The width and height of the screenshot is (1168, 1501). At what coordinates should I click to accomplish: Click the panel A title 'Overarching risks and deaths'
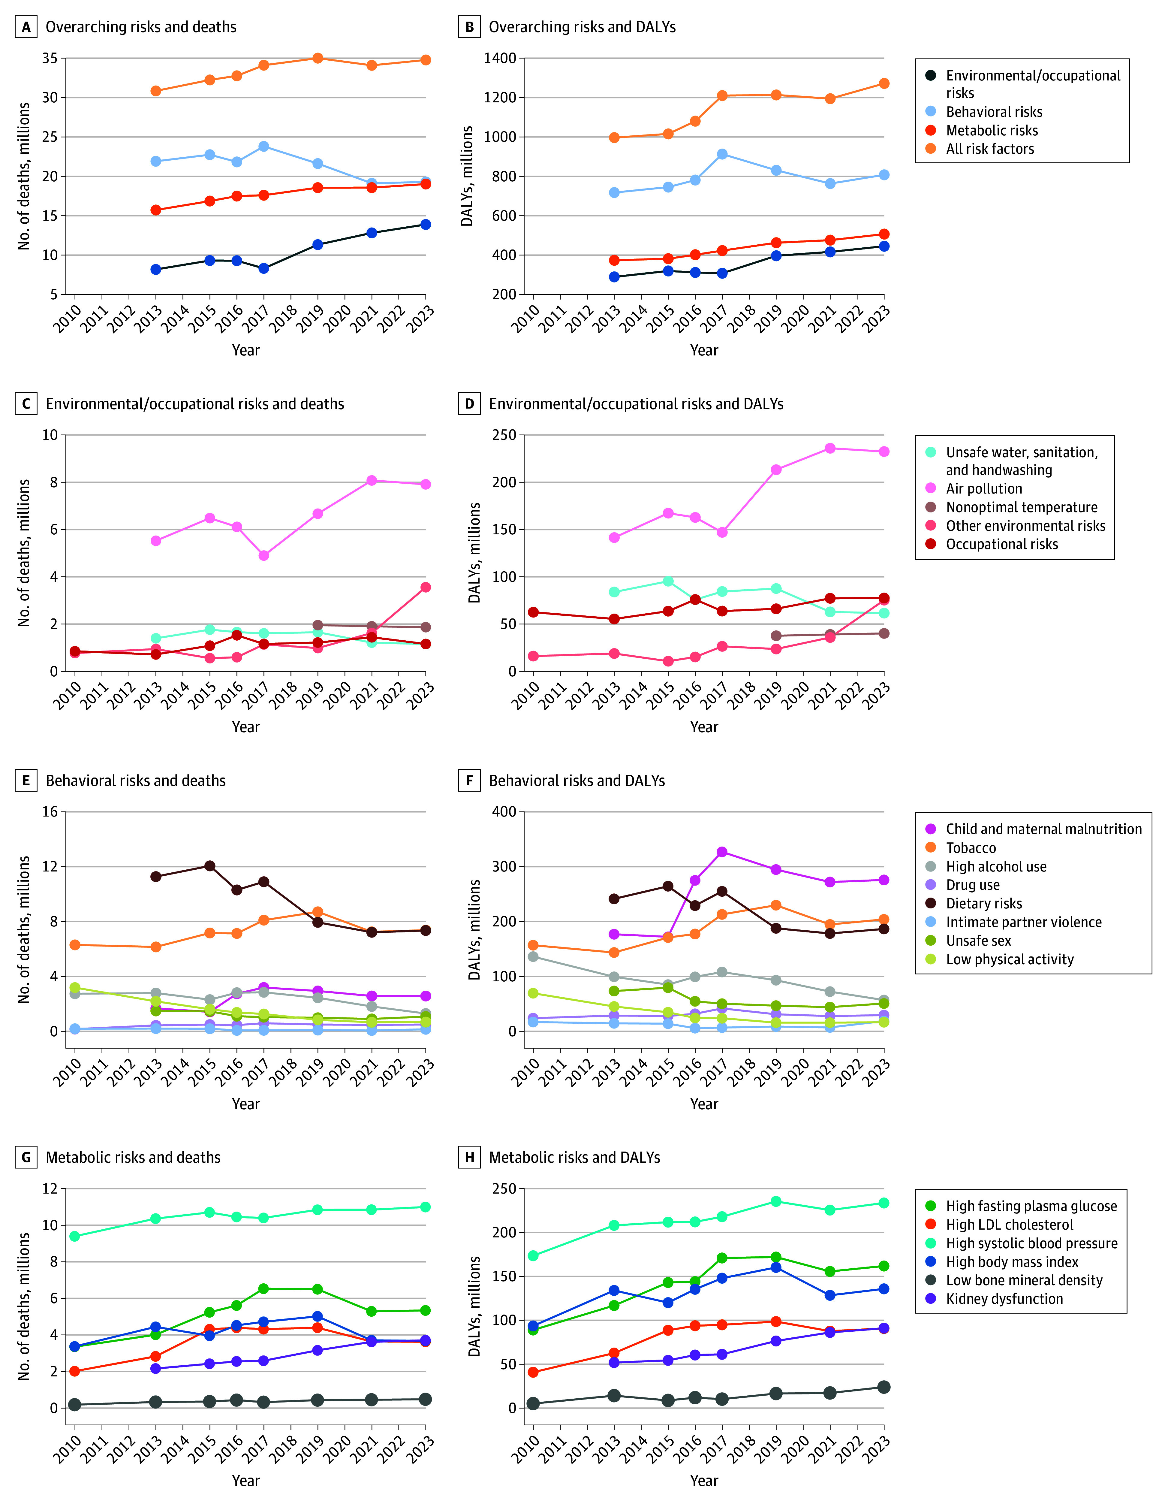click(141, 27)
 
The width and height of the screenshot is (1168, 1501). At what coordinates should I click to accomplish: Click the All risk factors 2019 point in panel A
click(318, 59)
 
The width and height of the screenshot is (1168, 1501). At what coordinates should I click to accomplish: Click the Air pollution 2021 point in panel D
click(830, 448)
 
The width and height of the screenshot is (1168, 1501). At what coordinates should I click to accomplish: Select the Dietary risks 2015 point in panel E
click(209, 866)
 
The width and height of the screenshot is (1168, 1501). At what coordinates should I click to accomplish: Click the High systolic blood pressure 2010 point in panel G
click(75, 1237)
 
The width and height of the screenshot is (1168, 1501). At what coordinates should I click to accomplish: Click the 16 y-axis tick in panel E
click(50, 812)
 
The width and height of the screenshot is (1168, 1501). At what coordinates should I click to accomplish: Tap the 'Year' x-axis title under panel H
click(704, 1480)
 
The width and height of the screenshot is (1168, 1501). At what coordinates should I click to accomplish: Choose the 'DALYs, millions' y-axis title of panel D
click(474, 553)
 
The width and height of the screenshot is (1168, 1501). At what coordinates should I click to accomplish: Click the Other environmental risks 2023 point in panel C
click(426, 587)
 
